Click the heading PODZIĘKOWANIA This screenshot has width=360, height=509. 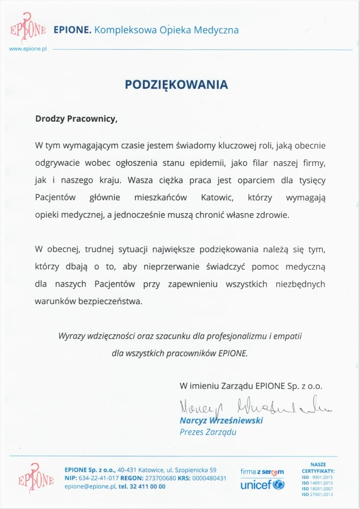[176, 85]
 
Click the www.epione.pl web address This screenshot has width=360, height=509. [27, 49]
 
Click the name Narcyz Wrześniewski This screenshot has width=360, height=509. [221, 421]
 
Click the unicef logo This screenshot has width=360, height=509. [262, 485]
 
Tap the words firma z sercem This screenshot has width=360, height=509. [262, 472]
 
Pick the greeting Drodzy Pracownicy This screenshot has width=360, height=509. [76, 119]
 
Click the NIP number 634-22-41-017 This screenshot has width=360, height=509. [96, 478]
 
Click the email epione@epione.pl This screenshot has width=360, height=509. [90, 486]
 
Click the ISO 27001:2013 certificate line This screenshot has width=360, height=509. [318, 495]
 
